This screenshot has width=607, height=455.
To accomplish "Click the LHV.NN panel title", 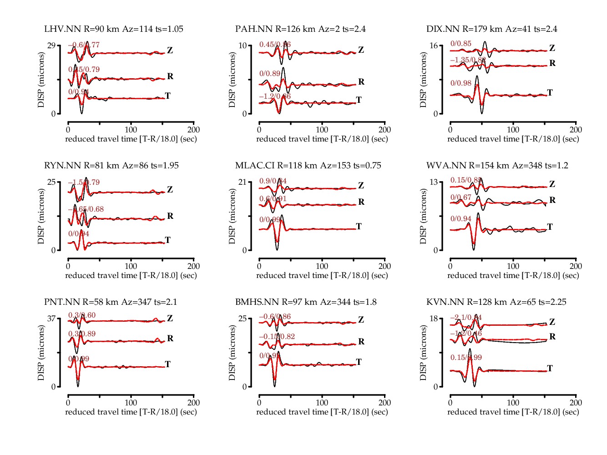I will coord(114,29).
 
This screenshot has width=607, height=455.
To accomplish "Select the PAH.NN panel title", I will coord(300,29).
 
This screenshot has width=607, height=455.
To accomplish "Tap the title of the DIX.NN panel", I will coord(492,29).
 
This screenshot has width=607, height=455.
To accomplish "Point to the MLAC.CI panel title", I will coord(308,166).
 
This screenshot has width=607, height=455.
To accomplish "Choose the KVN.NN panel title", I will coord(496,302).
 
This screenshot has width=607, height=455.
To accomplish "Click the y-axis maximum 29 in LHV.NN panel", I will coord(51,45).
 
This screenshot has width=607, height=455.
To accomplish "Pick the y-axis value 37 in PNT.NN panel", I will coord(51,318).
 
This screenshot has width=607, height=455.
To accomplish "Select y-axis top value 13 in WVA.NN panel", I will coord(434,182).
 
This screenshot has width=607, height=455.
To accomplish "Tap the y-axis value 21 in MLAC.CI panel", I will coord(243,182).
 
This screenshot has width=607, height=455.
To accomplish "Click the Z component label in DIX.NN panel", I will coord(552,48).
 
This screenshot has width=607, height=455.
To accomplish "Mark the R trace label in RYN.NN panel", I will coord(170,216).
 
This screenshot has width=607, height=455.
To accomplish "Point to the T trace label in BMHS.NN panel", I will coord(359,362).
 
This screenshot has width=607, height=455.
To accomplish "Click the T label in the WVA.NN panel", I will coord(550,227).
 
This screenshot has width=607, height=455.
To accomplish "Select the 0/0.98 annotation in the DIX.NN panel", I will coord(461,83).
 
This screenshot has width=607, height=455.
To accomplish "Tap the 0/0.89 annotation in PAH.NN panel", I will coord(270,74).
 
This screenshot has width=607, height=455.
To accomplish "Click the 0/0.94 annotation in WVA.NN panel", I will coord(461,219).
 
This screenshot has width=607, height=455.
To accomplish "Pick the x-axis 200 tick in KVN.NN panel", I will coord(576,403).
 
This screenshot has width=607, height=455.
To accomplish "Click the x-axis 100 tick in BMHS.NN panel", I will coord(322,403).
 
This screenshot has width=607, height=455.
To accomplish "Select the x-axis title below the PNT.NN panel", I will coord(131,412).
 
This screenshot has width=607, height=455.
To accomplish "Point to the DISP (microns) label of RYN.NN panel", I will coord(41,216).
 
